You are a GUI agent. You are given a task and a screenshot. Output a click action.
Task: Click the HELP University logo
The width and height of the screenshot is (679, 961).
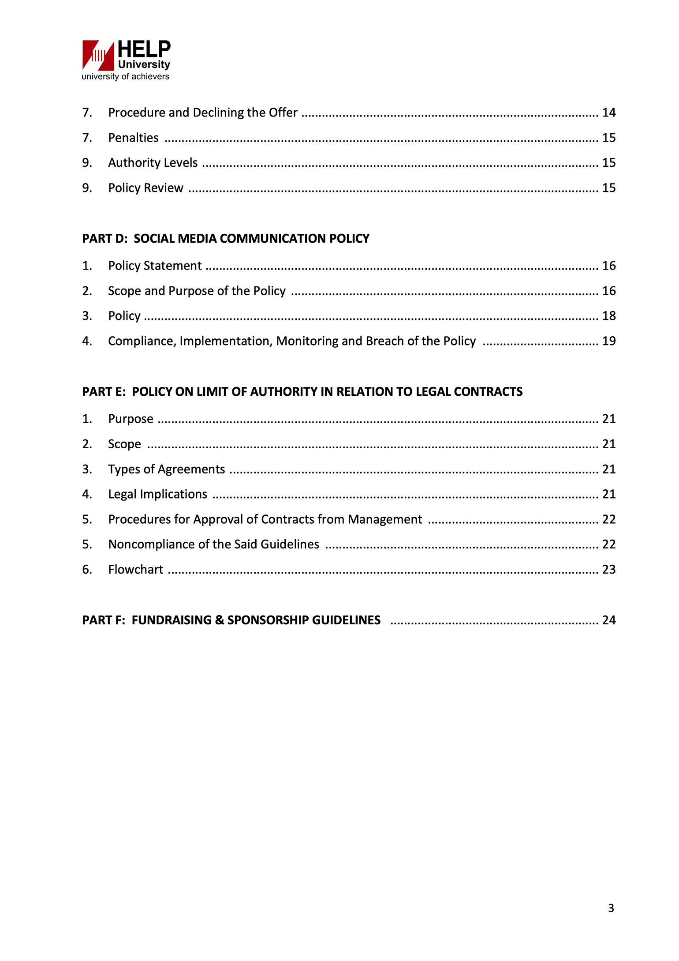pyautogui.click(x=126, y=56)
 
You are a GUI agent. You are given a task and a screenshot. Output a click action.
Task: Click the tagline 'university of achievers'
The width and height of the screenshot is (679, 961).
pyautogui.click(x=125, y=77)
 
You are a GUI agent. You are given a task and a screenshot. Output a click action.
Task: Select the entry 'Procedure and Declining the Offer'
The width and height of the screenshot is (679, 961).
pyautogui.click(x=202, y=113)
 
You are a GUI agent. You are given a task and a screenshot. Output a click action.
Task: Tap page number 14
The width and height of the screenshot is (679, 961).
pyautogui.click(x=608, y=113)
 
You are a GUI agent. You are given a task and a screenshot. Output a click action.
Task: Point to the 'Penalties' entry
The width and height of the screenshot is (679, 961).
pyautogui.click(x=133, y=138)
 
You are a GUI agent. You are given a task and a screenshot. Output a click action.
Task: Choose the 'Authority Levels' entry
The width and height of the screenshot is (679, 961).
pyautogui.click(x=153, y=163)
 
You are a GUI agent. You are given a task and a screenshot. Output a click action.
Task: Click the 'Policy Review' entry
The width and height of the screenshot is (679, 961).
pyautogui.click(x=145, y=188)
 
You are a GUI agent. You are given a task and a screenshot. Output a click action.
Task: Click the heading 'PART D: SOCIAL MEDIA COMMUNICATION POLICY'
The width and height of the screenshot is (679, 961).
pyautogui.click(x=226, y=239)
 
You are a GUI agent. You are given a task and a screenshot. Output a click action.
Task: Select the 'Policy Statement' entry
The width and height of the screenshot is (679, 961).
pyautogui.click(x=155, y=266)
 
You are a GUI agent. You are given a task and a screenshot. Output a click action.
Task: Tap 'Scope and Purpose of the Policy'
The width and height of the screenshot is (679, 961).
pyautogui.click(x=197, y=291)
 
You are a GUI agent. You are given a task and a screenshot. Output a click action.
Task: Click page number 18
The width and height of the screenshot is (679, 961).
pyautogui.click(x=608, y=316)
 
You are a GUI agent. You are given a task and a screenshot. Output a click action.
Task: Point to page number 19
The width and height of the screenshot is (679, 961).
pyautogui.click(x=608, y=341)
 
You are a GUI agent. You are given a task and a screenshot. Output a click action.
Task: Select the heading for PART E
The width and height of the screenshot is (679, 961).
pyautogui.click(x=302, y=392)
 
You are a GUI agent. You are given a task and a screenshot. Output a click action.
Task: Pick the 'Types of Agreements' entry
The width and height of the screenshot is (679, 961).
pyautogui.click(x=166, y=469)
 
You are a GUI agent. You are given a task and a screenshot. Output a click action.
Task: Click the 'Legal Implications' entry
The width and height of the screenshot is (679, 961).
pyautogui.click(x=157, y=495)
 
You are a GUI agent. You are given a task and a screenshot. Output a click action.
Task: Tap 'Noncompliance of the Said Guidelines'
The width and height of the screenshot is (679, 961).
pyautogui.click(x=213, y=544)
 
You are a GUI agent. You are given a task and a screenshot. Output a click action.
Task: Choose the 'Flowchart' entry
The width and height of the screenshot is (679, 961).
pyautogui.click(x=135, y=570)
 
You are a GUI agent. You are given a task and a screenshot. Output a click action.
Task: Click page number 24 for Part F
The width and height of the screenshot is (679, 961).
pyautogui.click(x=608, y=620)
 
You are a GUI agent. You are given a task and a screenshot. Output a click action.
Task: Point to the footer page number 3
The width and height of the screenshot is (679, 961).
pyautogui.click(x=611, y=908)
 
